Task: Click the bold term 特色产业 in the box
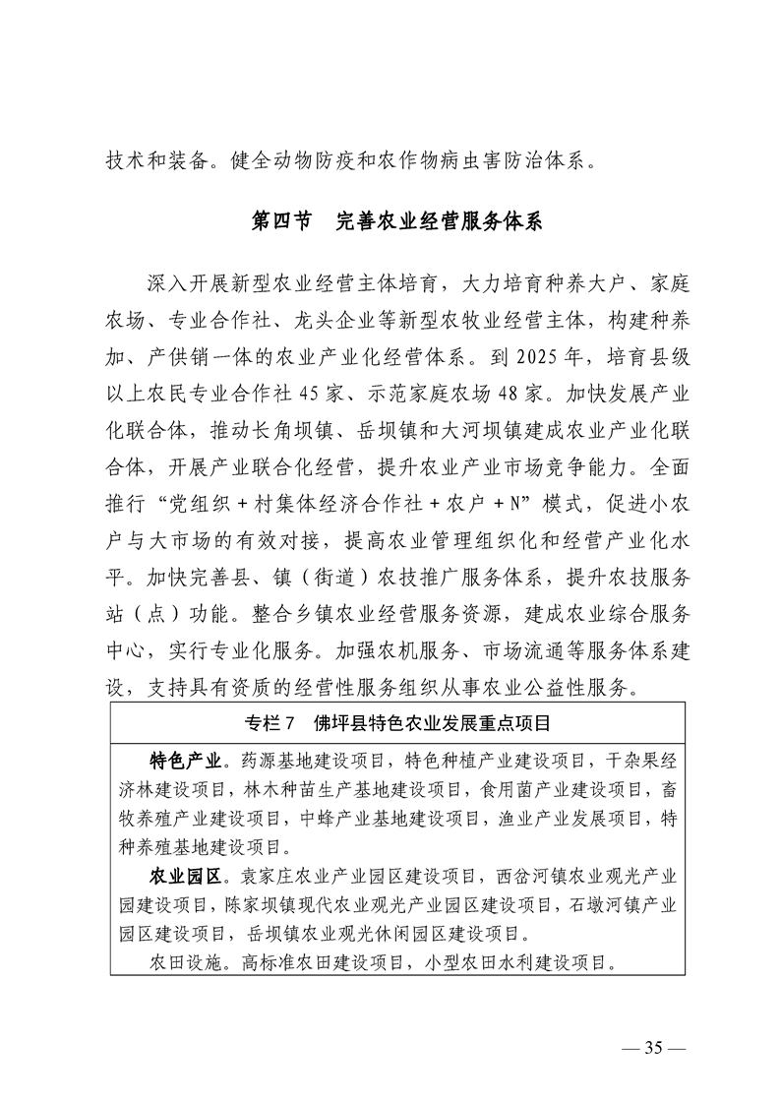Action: [183, 760]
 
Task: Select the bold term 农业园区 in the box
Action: [183, 875]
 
